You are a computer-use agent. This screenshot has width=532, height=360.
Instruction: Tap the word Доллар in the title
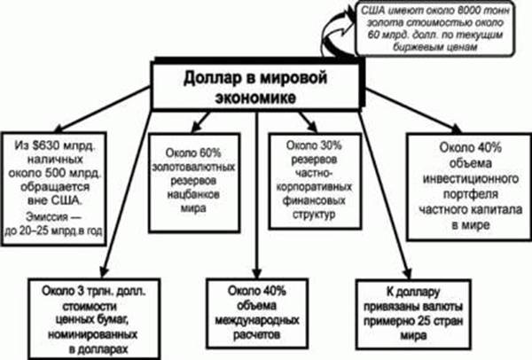[x=212, y=78]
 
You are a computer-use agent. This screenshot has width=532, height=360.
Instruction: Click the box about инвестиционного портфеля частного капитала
[x=465, y=184]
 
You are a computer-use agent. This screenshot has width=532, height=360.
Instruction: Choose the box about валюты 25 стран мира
[x=422, y=314]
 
